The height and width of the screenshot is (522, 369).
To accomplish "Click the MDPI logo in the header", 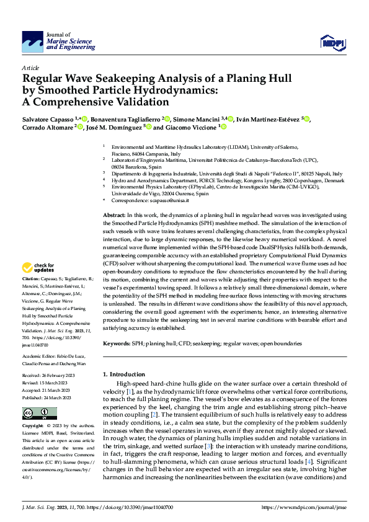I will click(x=332, y=42).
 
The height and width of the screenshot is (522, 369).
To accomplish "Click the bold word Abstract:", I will click(x=114, y=215).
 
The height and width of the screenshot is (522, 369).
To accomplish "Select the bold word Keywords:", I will click(x=117, y=343).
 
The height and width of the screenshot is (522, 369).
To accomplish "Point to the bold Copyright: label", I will click(x=33, y=427).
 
